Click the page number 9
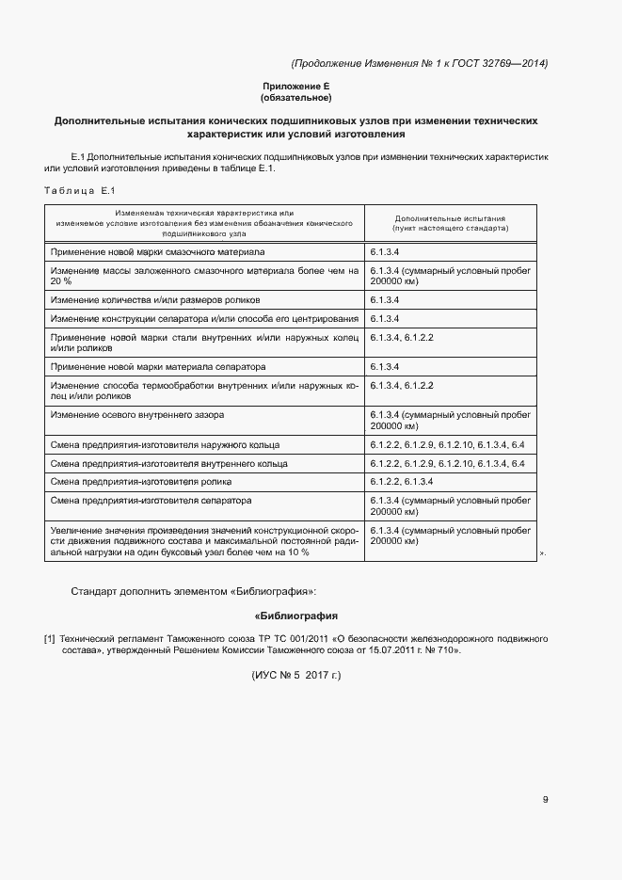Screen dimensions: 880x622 tap(545, 800)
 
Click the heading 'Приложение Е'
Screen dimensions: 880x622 tap(295, 87)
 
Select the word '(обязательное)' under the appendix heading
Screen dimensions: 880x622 tap(295, 98)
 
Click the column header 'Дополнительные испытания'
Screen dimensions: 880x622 tap(451, 216)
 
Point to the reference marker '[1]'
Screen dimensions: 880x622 tap(49, 639)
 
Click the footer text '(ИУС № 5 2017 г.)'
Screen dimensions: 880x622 tap(295, 676)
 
